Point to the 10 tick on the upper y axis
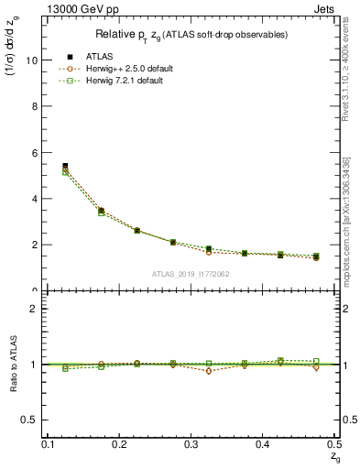(x=36, y=60)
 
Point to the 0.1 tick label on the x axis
(x=49, y=444)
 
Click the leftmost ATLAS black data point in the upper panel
(x=65, y=166)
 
